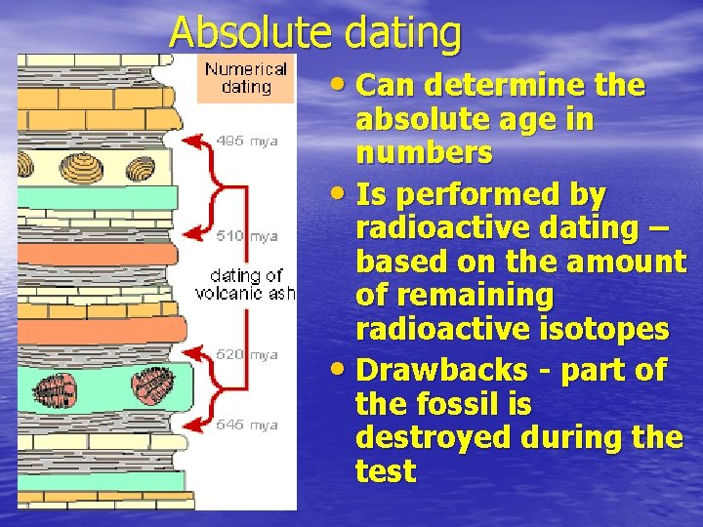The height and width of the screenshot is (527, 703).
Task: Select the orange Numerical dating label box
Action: pos(246,78)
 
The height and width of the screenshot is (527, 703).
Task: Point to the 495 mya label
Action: pos(247,142)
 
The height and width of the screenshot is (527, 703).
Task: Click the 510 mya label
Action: pos(247,235)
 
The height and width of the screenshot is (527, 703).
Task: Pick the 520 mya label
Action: pos(247,354)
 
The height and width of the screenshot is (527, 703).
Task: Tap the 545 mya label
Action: pos(247,425)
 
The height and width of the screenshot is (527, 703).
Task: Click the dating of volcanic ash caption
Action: pos(246,284)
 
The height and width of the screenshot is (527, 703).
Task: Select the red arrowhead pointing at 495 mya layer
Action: pos(193,142)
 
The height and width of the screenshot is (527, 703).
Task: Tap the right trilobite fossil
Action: pos(152,385)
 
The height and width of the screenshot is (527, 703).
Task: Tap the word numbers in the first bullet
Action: pos(424,153)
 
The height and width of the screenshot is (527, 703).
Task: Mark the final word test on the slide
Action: pos(386,471)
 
